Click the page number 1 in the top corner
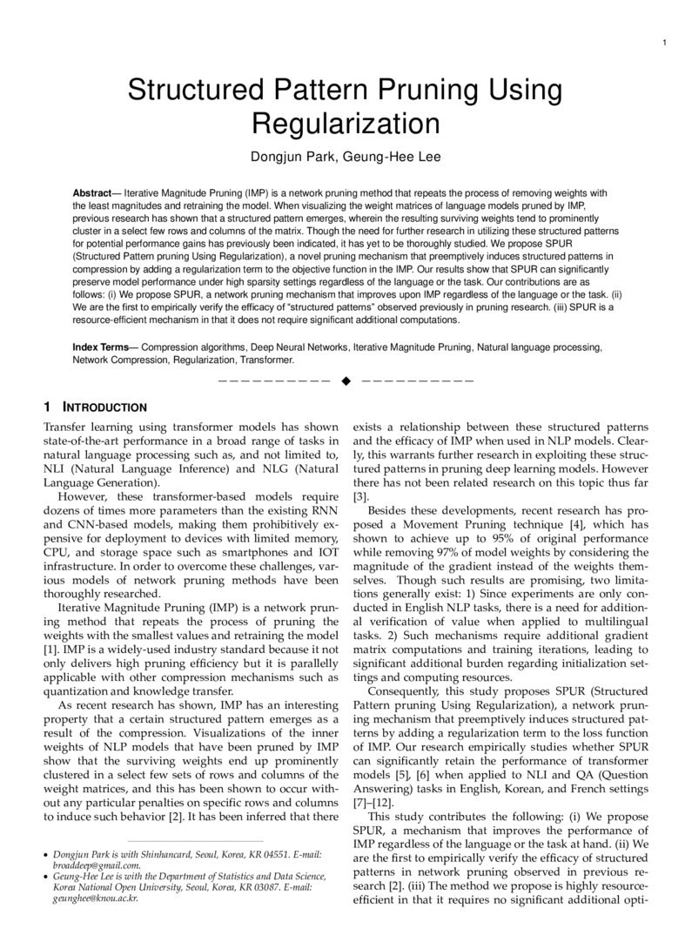pyautogui.click(x=663, y=44)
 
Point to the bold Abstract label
pyautogui.click(x=96, y=192)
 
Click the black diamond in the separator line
pyautogui.click(x=346, y=380)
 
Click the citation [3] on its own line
pyautogui.click(x=358, y=496)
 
